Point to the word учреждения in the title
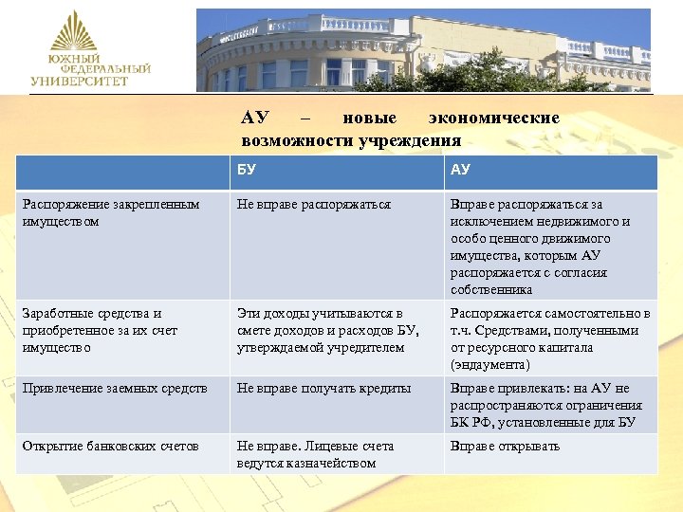click(x=409, y=140)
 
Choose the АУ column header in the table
click(x=460, y=171)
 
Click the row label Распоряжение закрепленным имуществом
click(x=112, y=212)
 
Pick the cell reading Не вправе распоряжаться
click(x=314, y=204)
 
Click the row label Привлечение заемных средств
click(x=115, y=389)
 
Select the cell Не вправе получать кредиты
click(x=323, y=389)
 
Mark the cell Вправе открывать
click(x=506, y=447)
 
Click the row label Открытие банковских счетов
click(x=112, y=447)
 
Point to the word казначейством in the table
click(x=337, y=464)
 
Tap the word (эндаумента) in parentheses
click(x=491, y=365)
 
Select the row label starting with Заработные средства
click(x=100, y=330)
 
